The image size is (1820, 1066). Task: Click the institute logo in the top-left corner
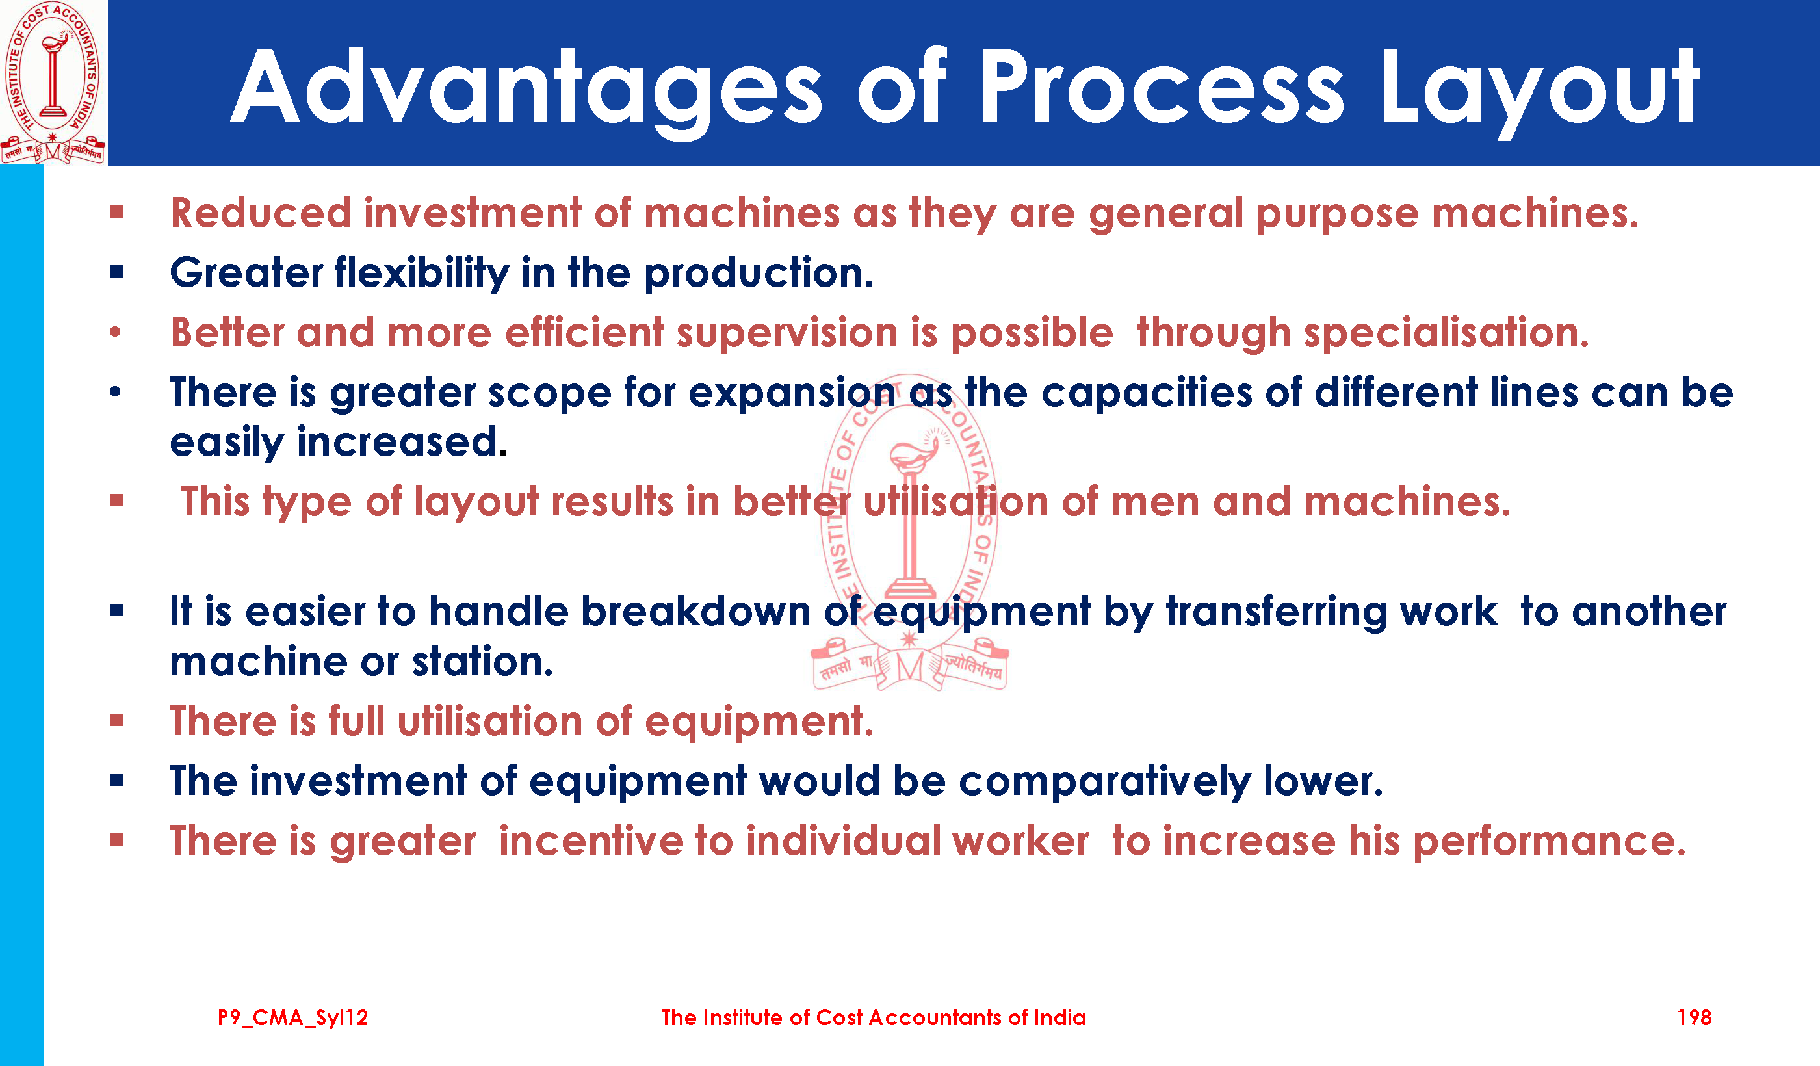coord(53,83)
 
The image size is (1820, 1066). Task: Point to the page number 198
coord(1695,1018)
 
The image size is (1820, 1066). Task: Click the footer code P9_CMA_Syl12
coord(292,1019)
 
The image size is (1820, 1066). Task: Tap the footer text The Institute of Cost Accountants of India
coord(874,1018)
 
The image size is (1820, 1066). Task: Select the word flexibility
coord(422,274)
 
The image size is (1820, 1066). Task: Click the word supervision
coord(787,333)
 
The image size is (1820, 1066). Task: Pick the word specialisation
coord(1447,333)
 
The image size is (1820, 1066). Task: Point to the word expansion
coord(792,394)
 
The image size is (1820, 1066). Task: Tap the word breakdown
coord(696,612)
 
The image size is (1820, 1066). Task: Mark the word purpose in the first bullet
coord(1337,214)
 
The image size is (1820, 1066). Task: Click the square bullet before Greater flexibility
coord(117,272)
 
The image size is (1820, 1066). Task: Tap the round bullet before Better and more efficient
coord(116,333)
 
